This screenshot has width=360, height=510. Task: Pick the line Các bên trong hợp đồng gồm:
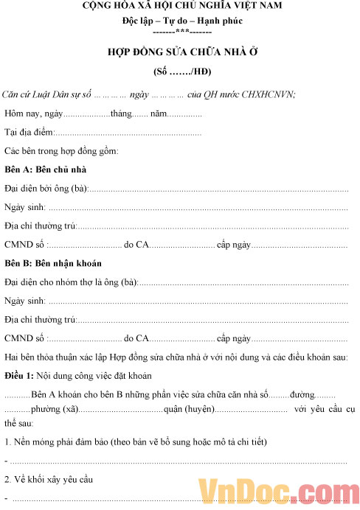click(61, 151)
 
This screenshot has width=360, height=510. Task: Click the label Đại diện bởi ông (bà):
click(46, 189)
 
